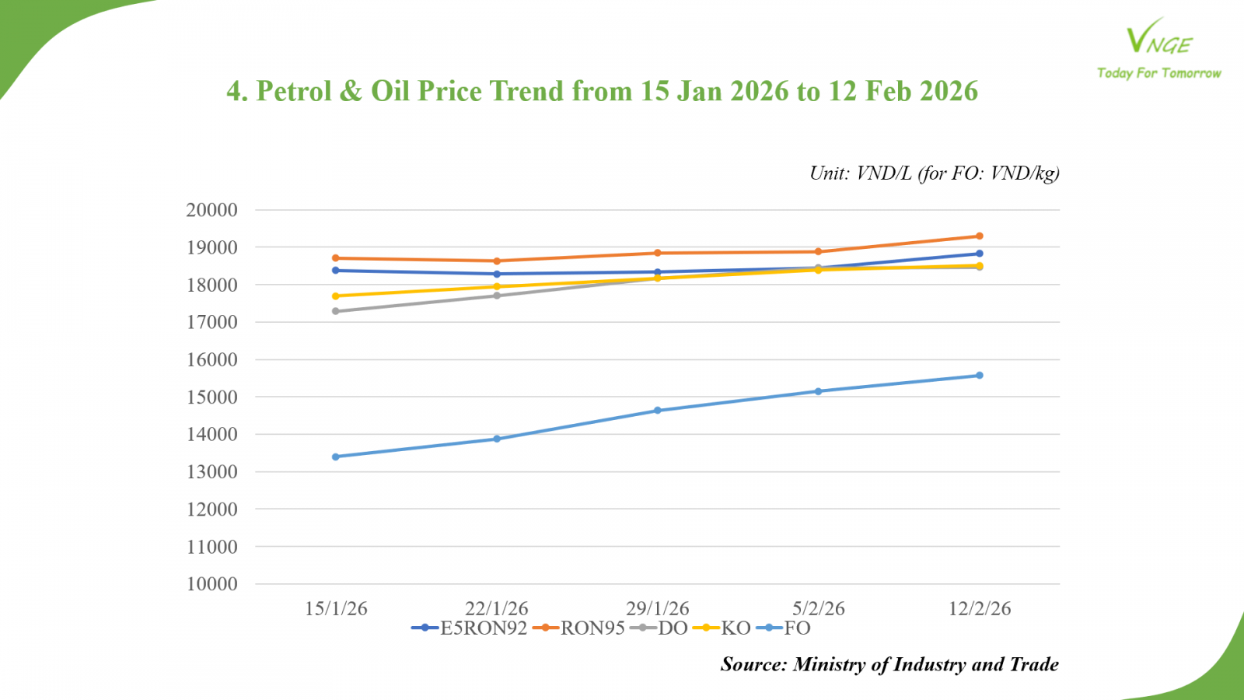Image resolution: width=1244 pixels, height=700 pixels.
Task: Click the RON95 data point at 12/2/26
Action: click(980, 236)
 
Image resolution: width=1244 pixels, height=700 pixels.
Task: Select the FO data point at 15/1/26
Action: click(336, 457)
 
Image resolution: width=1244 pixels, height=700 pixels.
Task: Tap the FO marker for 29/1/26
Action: click(658, 410)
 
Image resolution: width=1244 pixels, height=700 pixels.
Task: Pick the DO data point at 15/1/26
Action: click(336, 311)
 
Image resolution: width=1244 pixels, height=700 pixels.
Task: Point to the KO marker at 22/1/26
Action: click(497, 287)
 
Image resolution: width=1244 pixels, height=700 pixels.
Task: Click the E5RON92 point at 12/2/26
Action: click(980, 254)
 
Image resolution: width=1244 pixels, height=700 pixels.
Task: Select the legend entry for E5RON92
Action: click(470, 628)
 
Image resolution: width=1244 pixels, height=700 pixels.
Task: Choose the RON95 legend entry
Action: click(579, 628)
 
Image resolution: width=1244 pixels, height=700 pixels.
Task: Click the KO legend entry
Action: click(722, 628)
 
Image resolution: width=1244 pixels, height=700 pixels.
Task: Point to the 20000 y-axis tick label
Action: click(211, 210)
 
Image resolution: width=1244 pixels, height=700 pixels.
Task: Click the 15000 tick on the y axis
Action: click(211, 397)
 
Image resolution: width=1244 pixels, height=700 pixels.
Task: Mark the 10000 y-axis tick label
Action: click(211, 584)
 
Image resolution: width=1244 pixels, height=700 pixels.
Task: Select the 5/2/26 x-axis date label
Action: click(819, 608)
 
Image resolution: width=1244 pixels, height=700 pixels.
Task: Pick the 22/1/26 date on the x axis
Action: click(497, 608)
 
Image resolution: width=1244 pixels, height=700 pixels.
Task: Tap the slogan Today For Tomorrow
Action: click(1158, 73)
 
